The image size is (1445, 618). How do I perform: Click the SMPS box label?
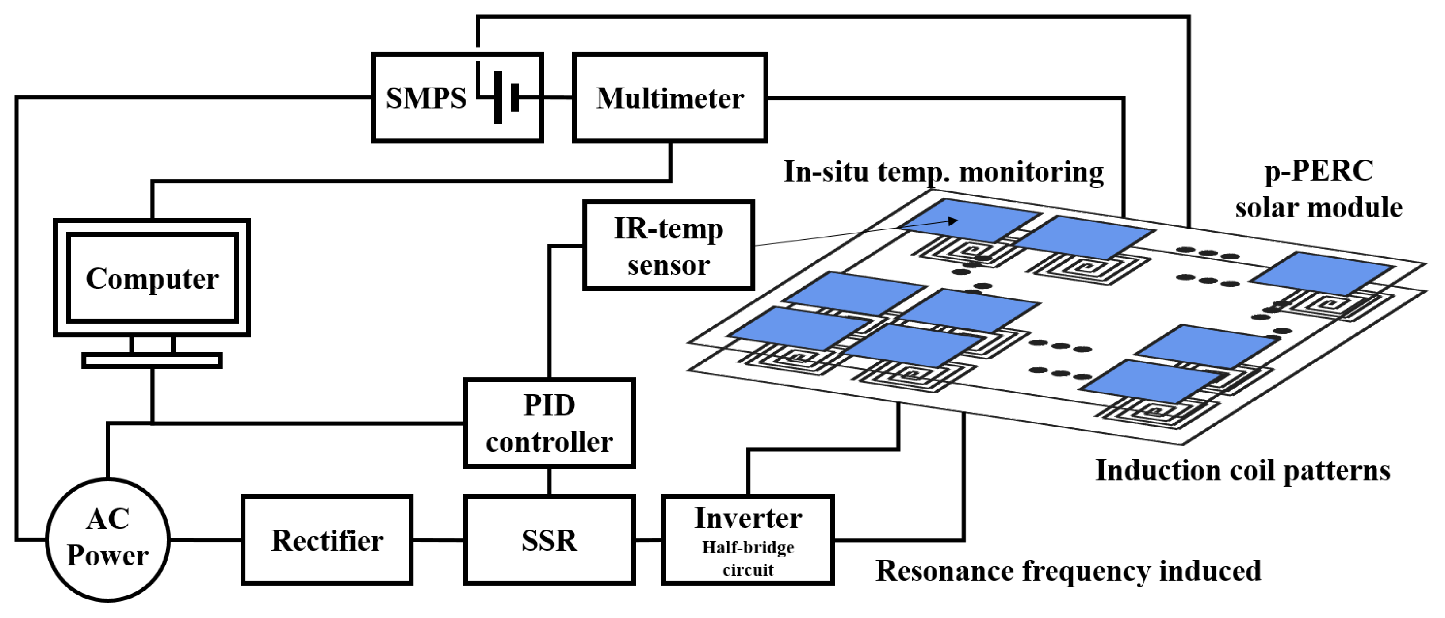[x=426, y=99]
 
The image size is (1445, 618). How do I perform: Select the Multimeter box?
[x=670, y=98]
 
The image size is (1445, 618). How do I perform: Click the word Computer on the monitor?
[x=152, y=278]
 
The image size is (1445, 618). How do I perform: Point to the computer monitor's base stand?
[x=152, y=360]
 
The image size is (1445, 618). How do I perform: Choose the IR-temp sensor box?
[x=669, y=245]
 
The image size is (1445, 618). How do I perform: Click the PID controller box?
[x=549, y=423]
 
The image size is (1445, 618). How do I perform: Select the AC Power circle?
[x=108, y=539]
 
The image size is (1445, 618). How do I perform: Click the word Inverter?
[x=748, y=518]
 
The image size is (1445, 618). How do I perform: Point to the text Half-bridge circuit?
[x=748, y=559]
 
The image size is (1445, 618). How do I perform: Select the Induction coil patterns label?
[x=1243, y=470]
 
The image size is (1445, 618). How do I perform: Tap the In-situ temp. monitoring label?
[x=944, y=172]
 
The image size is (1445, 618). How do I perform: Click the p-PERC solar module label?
[x=1319, y=189]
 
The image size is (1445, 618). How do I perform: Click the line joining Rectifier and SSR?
[x=438, y=540]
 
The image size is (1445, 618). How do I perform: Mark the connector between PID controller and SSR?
[x=549, y=481]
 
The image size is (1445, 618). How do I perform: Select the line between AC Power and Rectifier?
[x=206, y=540]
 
